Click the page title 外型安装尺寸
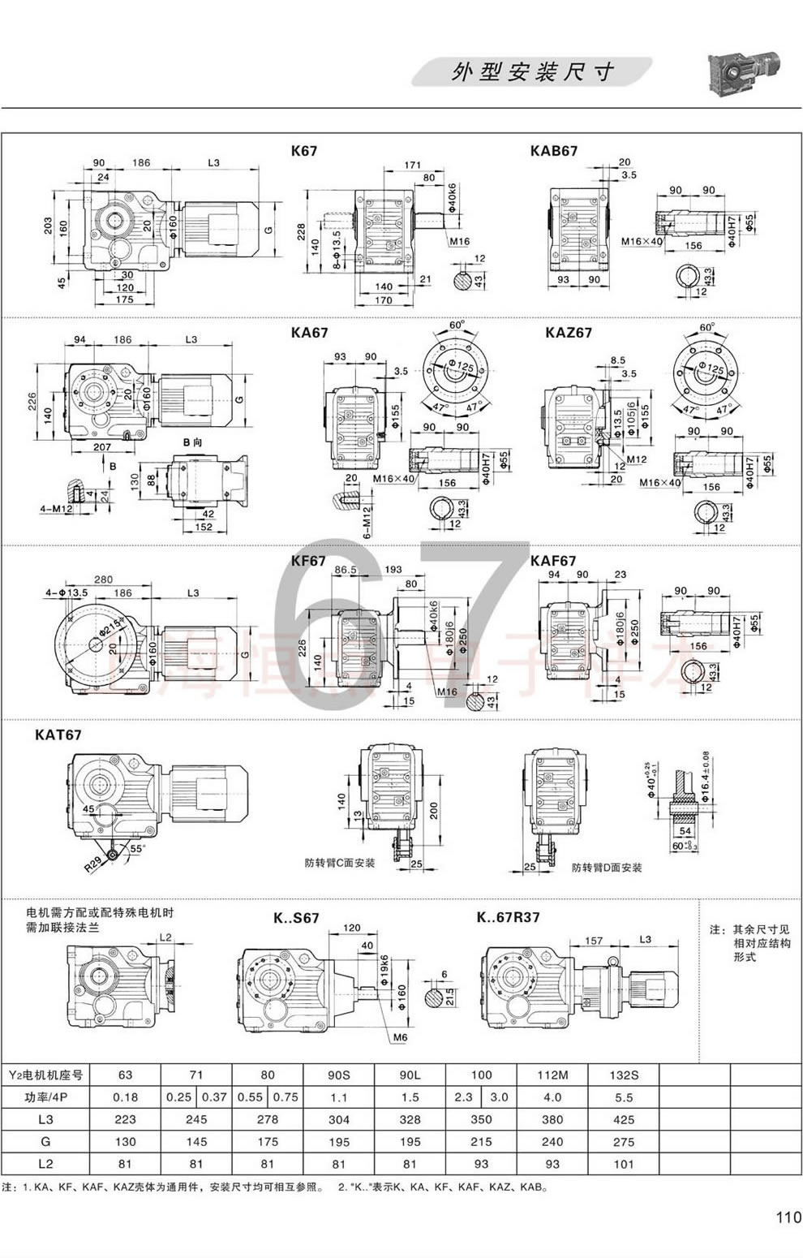point(532,73)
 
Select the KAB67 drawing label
point(554,151)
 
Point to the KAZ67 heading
point(569,332)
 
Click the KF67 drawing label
point(308,561)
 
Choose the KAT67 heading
point(58,735)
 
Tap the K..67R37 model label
point(508,917)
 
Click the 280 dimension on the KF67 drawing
point(103,579)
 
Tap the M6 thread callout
point(400,1037)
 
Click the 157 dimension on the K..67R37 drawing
point(594,941)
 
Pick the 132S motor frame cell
point(623,1075)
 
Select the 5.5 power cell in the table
point(623,1096)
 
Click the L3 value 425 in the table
point(623,1119)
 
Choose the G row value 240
point(552,1141)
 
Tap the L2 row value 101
point(623,1163)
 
